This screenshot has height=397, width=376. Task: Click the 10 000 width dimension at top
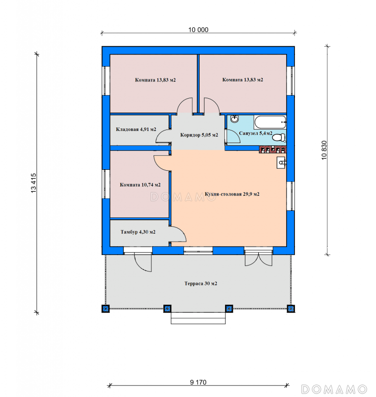coord(198,30)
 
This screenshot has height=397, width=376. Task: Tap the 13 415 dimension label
coord(34,183)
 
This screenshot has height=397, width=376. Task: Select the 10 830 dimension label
coord(324,150)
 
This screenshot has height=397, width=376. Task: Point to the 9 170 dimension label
coord(198,382)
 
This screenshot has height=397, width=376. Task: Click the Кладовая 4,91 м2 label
coord(136,130)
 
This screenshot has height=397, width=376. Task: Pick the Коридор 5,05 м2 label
coord(199,135)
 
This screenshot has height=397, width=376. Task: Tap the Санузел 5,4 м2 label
coord(256,133)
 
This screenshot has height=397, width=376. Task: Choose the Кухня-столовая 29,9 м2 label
coord(232,194)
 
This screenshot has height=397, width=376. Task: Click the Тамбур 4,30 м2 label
coord(138,232)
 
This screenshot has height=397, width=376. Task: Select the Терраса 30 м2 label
coord(201,283)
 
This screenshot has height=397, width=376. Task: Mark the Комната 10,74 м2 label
coord(140,185)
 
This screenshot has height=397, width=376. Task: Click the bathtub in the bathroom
coord(270,122)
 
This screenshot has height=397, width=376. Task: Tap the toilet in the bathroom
coord(279,138)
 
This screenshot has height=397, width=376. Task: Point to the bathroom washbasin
coord(234,119)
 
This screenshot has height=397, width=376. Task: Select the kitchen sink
coord(281,163)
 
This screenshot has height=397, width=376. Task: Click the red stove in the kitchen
coord(273,150)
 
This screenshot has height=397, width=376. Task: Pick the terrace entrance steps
coord(198,318)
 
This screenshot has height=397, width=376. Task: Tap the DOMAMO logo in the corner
coord(334,390)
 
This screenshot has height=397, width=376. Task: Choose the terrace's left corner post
coord(106,309)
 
